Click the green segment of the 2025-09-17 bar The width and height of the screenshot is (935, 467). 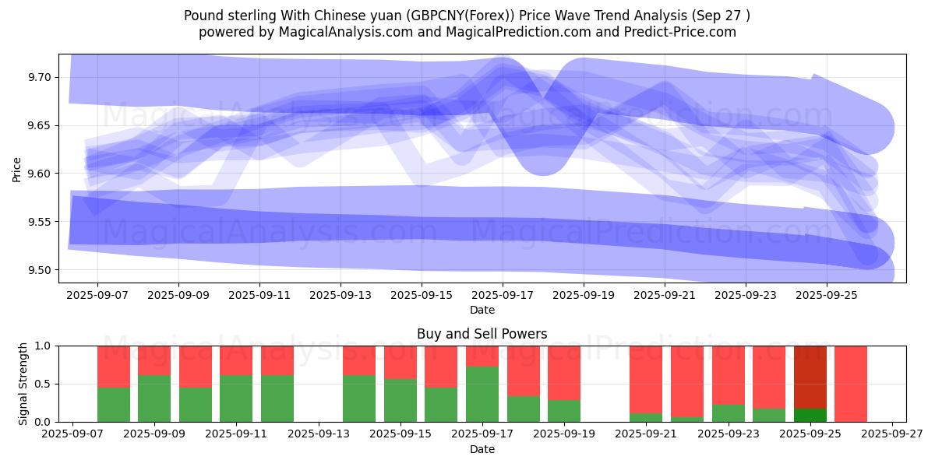(x=482, y=395)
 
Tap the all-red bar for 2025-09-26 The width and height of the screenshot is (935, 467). (x=851, y=384)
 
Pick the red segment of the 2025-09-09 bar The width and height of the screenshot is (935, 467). (x=154, y=360)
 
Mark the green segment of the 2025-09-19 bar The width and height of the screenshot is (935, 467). (x=564, y=411)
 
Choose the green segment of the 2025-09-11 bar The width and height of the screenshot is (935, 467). (x=236, y=399)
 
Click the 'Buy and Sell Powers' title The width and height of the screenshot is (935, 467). (x=482, y=334)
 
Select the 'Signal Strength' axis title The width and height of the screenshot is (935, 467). (x=23, y=384)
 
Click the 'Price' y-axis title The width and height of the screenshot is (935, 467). (x=16, y=168)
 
